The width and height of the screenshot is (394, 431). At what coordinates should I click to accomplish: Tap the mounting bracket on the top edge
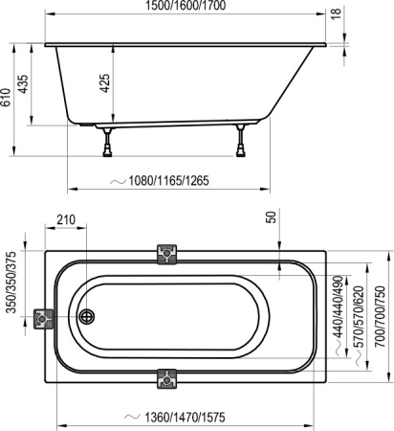tap(167, 254)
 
